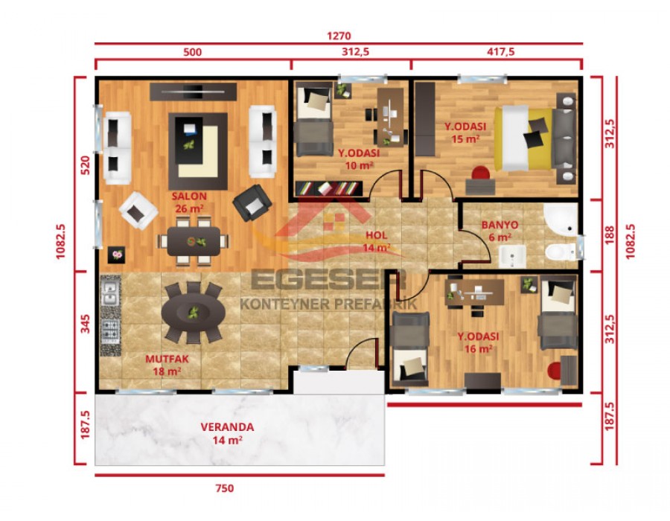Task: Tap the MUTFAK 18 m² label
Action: (167, 365)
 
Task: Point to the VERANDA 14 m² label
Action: (227, 433)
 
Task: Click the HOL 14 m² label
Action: (377, 241)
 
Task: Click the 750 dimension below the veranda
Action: (224, 488)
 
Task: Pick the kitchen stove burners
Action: (110, 334)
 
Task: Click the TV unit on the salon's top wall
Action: (194, 91)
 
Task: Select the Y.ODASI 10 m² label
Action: (358, 159)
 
